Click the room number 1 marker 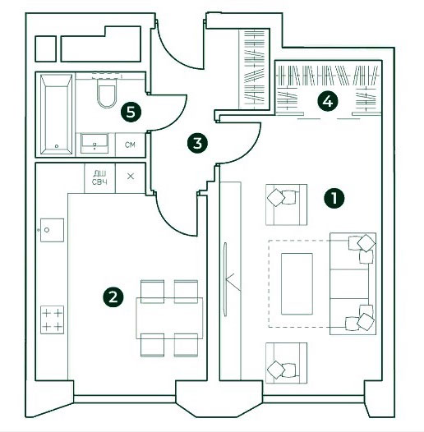[334, 198]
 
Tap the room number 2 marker [113, 296]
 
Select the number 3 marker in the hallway [197, 143]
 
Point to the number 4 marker [327, 102]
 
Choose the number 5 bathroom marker [131, 113]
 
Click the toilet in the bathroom [107, 92]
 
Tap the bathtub [56, 114]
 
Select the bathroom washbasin [94, 143]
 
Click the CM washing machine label [130, 145]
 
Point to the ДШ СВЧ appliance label [99, 177]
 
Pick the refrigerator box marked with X [131, 177]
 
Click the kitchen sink [52, 230]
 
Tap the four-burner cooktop [52, 319]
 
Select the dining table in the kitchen [169, 318]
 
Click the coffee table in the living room [297, 284]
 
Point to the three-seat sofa [353, 284]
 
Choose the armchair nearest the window [286, 363]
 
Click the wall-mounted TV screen [225, 279]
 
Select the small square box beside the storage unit [46, 48]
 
